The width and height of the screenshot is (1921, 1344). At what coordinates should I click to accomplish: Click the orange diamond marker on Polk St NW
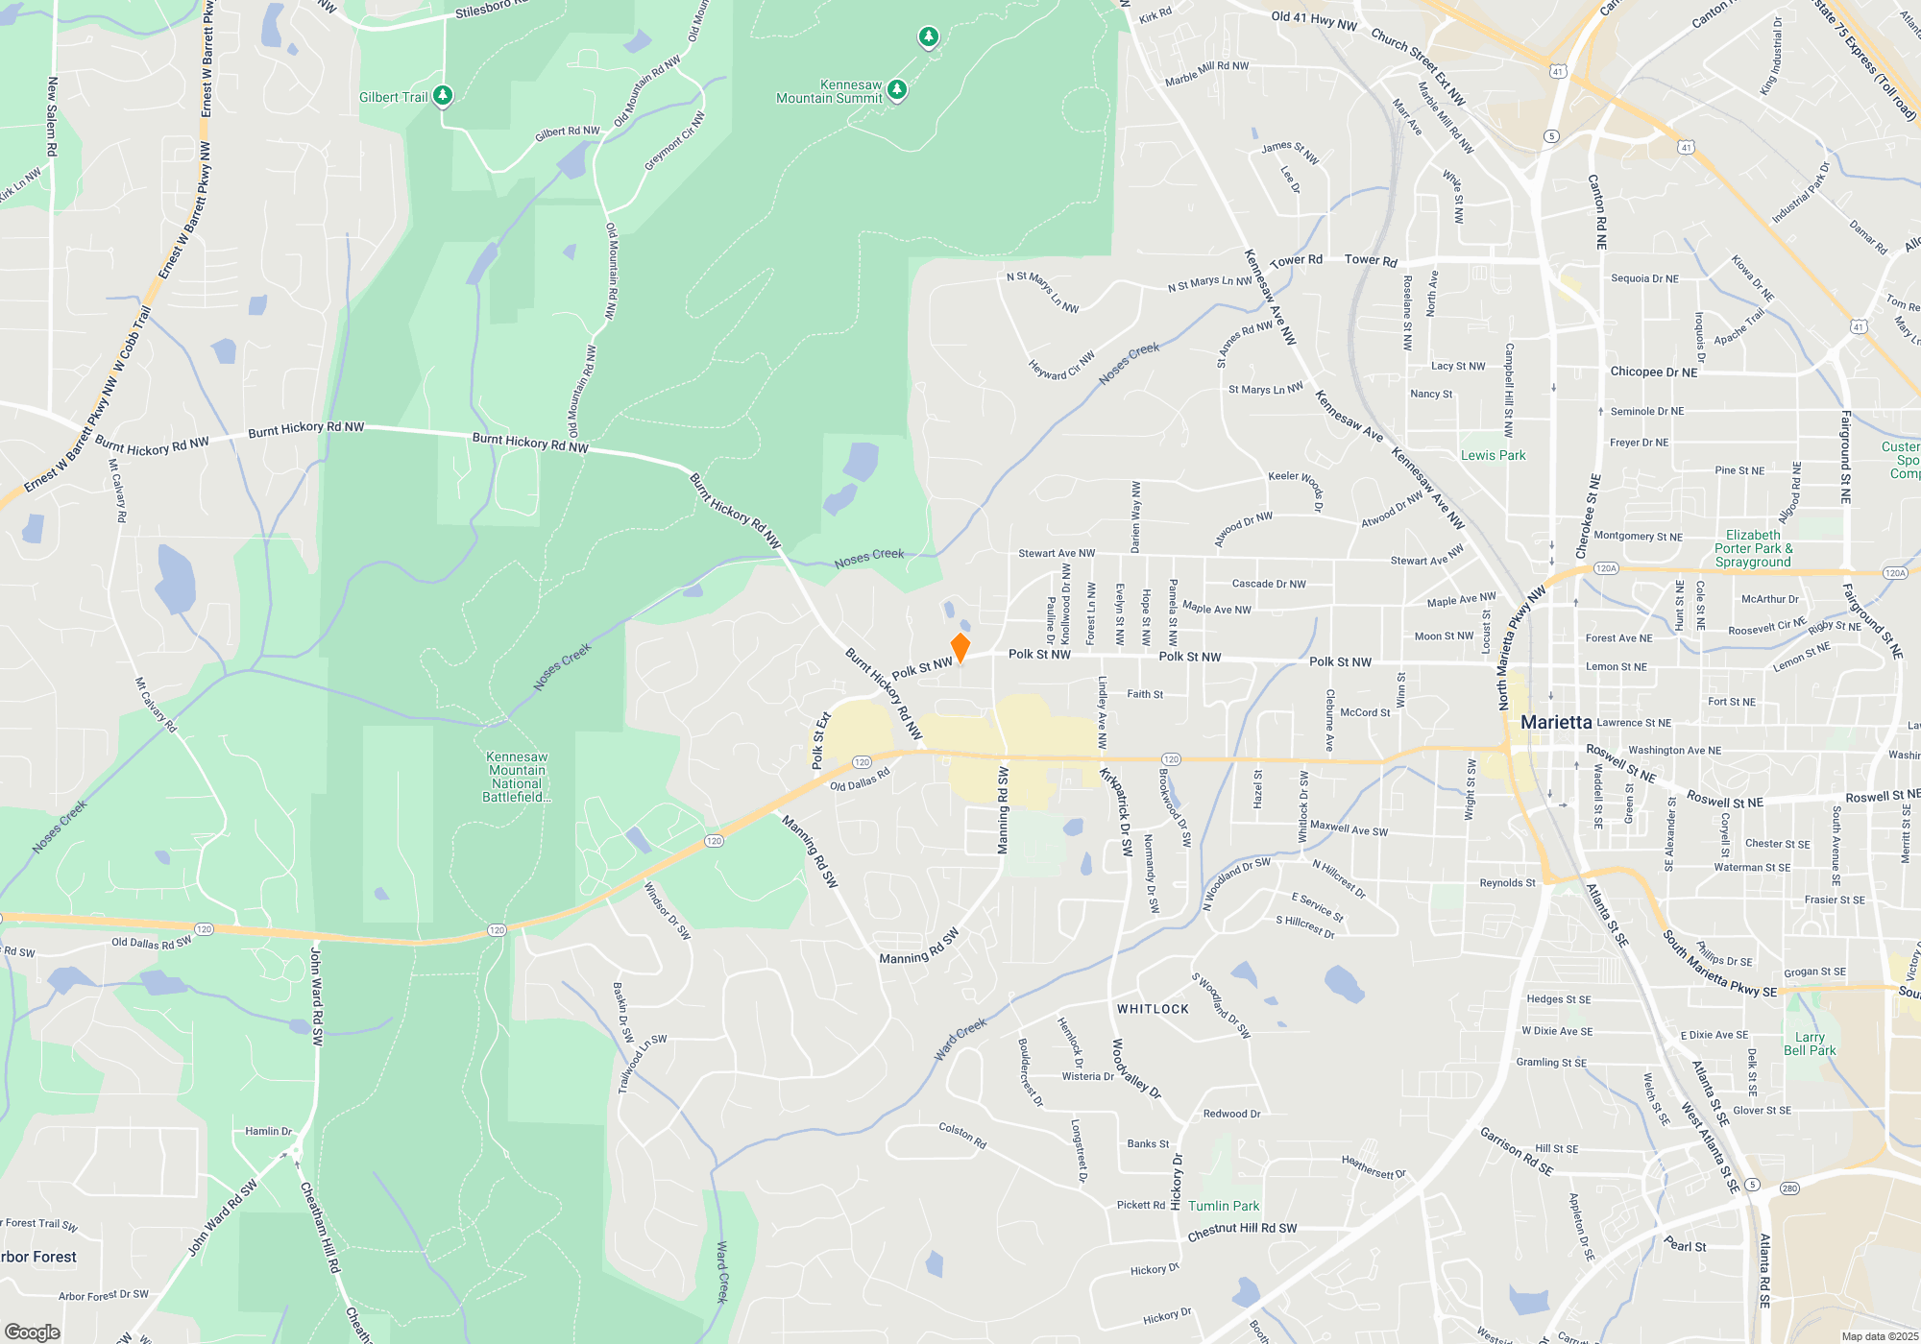point(960,647)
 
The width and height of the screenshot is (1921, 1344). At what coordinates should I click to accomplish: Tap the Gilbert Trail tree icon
point(442,95)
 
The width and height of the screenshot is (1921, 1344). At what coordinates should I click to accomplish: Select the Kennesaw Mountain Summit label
point(829,92)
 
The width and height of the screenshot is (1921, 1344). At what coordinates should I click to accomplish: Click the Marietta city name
point(1556,722)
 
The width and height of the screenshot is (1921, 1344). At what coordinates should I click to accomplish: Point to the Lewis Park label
point(1493,455)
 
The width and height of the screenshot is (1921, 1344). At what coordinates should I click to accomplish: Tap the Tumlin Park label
point(1224,1206)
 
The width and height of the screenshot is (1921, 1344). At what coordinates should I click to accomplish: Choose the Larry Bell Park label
point(1810,1044)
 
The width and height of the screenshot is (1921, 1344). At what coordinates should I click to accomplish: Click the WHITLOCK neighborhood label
point(1153,1009)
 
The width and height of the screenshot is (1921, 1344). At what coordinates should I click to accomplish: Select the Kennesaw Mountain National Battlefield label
point(517,777)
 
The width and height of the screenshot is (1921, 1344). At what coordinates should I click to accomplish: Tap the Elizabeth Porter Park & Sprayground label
point(1753,548)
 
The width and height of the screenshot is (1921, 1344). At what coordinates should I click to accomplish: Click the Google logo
point(33,1332)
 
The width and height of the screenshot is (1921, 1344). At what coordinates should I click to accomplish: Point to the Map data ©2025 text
point(1880,1336)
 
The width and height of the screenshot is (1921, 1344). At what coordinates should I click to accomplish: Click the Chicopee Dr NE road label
point(1654,372)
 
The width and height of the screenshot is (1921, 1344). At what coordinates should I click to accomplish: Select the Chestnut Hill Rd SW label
point(1242,1231)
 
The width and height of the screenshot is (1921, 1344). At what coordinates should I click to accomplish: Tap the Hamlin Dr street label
point(268,1131)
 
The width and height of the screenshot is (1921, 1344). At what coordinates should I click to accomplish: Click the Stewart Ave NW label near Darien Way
point(1057,553)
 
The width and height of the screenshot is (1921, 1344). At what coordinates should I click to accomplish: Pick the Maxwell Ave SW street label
point(1349,828)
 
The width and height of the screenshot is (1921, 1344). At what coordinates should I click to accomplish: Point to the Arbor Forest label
point(38,1257)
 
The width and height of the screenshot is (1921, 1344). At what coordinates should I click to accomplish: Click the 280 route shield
point(1789,1188)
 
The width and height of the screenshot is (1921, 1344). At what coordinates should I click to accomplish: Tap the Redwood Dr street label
point(1231,1114)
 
